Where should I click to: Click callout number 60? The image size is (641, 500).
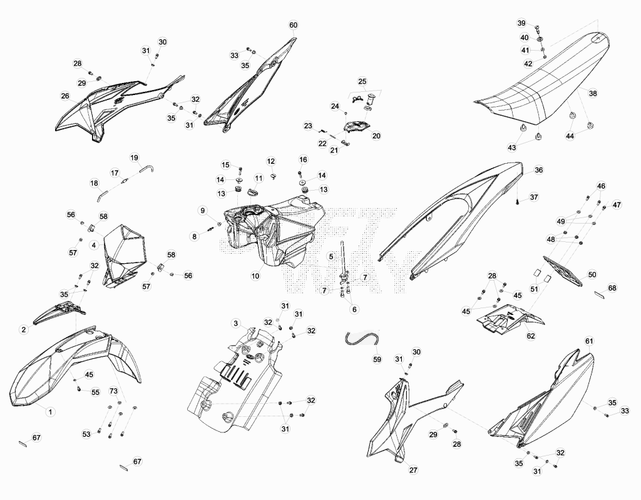[x=294, y=25]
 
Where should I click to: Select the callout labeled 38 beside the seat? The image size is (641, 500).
[x=593, y=93]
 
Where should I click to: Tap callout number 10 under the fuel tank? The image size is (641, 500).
[x=255, y=276]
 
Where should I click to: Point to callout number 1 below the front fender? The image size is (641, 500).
[x=50, y=412]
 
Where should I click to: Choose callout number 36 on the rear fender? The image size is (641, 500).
[x=539, y=170]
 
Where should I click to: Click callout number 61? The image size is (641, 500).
[x=589, y=341]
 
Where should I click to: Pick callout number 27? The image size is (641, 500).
[x=413, y=470]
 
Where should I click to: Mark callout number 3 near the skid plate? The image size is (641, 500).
[x=236, y=324]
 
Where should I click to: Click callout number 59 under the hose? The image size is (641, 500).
[x=377, y=359]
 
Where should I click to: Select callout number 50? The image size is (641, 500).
[x=592, y=275]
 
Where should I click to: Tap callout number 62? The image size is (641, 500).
[x=531, y=336]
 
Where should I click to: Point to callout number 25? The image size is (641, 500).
[x=362, y=82]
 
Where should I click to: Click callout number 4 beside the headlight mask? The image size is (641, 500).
[x=94, y=245]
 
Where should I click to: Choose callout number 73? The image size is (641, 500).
[x=114, y=392]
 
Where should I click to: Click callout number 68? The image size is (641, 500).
[x=612, y=288]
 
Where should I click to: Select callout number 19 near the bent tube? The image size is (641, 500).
[x=135, y=157]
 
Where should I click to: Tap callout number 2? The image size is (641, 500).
[x=24, y=329]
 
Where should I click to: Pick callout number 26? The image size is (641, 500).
[x=65, y=96]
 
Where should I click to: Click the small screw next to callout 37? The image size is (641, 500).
[x=518, y=202]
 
